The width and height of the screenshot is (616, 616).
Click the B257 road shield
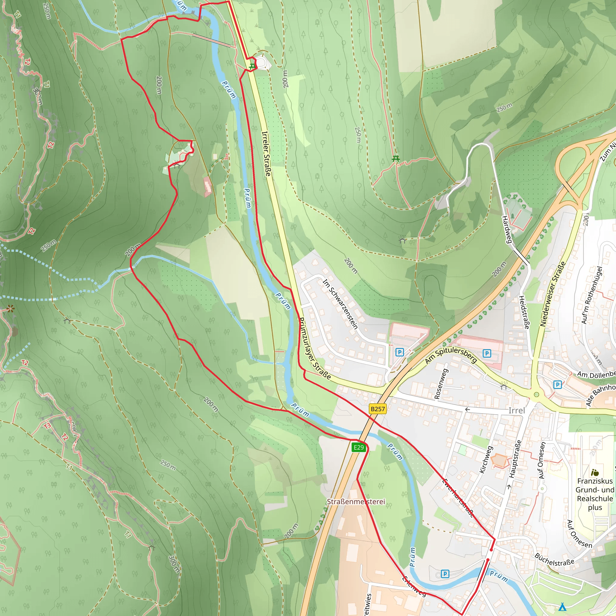click(378, 409)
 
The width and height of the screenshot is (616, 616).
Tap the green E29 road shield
click(359, 448)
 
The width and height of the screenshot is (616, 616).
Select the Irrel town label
click(516, 411)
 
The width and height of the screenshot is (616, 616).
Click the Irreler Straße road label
click(266, 153)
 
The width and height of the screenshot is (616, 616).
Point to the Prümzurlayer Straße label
click(315, 348)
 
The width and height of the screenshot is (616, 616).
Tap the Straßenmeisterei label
click(356, 501)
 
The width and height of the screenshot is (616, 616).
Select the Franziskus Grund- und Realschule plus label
click(595, 494)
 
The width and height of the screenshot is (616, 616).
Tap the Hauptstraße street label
click(515, 459)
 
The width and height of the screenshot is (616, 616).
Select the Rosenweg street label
click(441, 383)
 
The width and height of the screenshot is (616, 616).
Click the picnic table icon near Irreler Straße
click(252, 66)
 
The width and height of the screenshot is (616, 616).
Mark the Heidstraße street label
click(524, 312)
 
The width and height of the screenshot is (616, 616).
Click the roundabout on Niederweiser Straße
click(536, 395)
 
